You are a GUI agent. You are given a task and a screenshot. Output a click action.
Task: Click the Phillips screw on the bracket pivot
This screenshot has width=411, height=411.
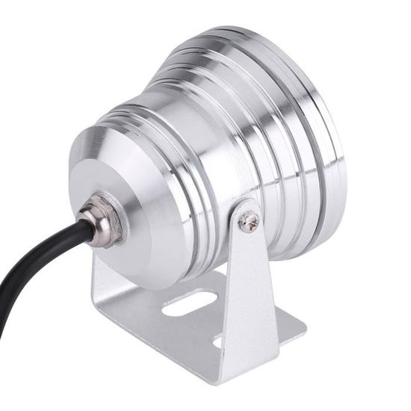coord(248,219)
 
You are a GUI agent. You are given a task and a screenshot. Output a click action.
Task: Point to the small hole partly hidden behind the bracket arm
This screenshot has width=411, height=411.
coord(217,342)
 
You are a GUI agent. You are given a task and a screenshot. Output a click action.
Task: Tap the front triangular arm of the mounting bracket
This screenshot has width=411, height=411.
coord(250,291)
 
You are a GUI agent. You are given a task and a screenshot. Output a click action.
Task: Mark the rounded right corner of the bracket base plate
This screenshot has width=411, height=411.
coord(299,329)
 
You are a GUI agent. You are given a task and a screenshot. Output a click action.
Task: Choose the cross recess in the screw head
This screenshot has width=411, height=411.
coord(249,220)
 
